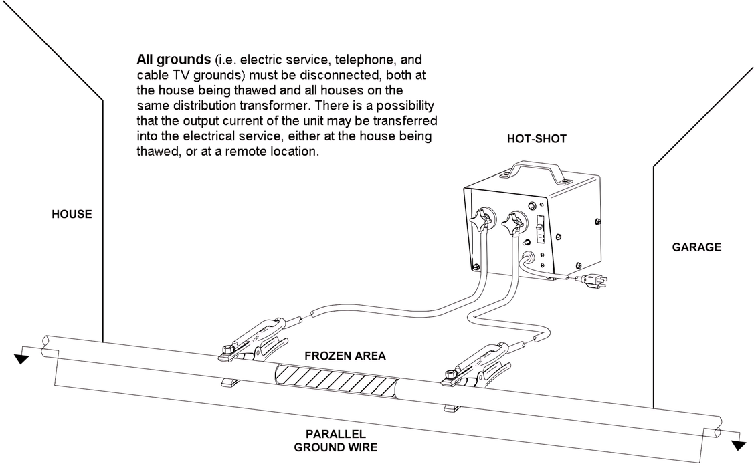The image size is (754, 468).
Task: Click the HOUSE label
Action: click(72, 215)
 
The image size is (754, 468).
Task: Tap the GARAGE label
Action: click(696, 247)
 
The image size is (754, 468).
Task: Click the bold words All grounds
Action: click(166, 60)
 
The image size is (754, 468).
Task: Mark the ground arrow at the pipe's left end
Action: click(22, 359)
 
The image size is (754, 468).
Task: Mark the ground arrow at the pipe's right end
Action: click(738, 445)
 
